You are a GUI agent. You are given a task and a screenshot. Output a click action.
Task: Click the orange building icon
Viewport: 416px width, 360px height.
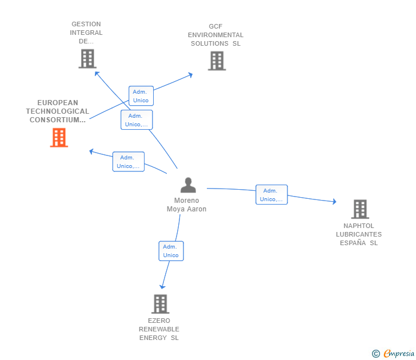(59, 138)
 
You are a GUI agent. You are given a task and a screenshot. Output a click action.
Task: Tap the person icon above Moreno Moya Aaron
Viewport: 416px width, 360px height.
(188, 185)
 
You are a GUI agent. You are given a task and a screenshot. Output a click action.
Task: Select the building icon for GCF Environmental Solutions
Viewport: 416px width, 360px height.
(217, 61)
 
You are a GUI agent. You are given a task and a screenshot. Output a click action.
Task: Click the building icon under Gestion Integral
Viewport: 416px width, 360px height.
(87, 58)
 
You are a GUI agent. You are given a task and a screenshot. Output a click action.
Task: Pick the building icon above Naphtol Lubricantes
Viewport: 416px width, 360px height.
(359, 209)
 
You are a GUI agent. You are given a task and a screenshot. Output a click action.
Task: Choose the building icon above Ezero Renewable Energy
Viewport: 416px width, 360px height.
(160, 304)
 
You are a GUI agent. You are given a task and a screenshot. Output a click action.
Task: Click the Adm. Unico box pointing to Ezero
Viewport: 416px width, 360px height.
(171, 251)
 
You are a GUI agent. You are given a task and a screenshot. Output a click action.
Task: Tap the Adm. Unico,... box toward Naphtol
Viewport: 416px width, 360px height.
(271, 195)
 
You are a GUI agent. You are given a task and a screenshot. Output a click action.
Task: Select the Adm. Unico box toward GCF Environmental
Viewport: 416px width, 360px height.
(141, 96)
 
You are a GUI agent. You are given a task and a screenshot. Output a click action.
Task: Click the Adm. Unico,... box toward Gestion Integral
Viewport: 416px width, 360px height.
(137, 120)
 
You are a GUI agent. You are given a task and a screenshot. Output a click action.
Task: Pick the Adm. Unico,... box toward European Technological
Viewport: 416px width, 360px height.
(128, 162)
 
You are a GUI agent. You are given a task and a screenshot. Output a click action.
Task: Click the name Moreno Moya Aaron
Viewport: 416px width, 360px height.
(186, 205)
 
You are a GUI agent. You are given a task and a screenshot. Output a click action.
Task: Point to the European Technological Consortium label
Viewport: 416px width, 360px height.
(57, 111)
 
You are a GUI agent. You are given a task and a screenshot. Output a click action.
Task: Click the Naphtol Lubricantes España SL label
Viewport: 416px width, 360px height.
(359, 234)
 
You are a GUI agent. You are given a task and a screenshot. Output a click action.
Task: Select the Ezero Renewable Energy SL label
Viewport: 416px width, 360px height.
(159, 329)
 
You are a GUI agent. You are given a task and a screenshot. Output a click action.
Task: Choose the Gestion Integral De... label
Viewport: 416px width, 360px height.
(86, 33)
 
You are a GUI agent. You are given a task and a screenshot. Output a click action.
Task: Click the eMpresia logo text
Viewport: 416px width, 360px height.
(399, 354)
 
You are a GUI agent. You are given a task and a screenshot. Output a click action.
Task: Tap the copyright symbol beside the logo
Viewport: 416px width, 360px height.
(375, 354)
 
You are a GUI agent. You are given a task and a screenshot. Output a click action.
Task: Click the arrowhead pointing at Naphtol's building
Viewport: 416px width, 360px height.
(334, 201)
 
